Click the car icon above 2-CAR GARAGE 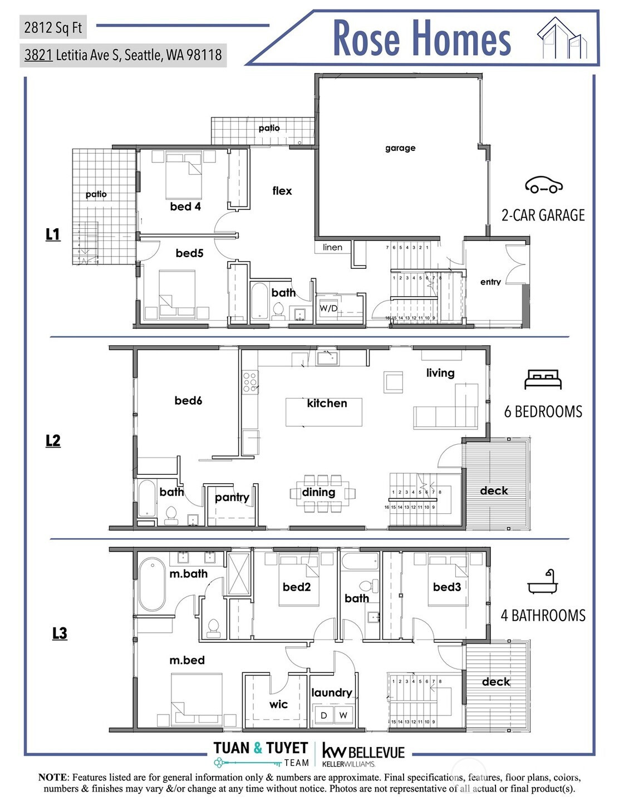click(x=543, y=185)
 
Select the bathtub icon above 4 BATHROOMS click(x=542, y=582)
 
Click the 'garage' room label click(x=400, y=148)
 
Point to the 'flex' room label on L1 click(x=282, y=191)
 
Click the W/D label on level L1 click(x=328, y=308)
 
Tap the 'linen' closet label click(x=332, y=248)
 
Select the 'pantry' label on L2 click(x=232, y=497)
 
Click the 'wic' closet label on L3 click(x=278, y=704)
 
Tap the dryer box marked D click(x=323, y=715)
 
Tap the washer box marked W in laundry click(x=343, y=715)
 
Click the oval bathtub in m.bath click(x=151, y=585)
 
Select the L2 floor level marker click(x=53, y=441)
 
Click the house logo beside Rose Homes click(x=562, y=38)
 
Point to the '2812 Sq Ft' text click(x=53, y=27)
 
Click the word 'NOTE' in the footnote click(x=52, y=777)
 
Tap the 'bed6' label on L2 click(x=188, y=400)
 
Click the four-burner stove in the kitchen click(x=250, y=382)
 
